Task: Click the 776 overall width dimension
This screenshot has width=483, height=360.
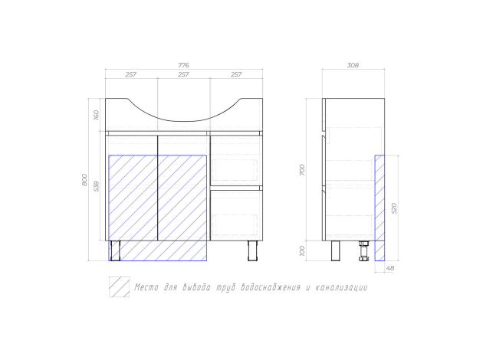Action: click(183, 65)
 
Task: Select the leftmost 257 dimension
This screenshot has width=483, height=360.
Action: click(131, 74)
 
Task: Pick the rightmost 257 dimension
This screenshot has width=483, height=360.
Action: click(236, 74)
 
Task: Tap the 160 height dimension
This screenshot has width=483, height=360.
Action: click(96, 115)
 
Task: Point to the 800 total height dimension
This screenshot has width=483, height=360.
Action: click(84, 180)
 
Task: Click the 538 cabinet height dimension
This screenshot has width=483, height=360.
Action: click(97, 186)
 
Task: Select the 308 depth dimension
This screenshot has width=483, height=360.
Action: click(353, 65)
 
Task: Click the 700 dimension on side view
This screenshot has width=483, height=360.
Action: click(302, 170)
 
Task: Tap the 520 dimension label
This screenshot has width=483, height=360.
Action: click(394, 208)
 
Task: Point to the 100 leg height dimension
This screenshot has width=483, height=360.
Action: click(302, 250)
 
